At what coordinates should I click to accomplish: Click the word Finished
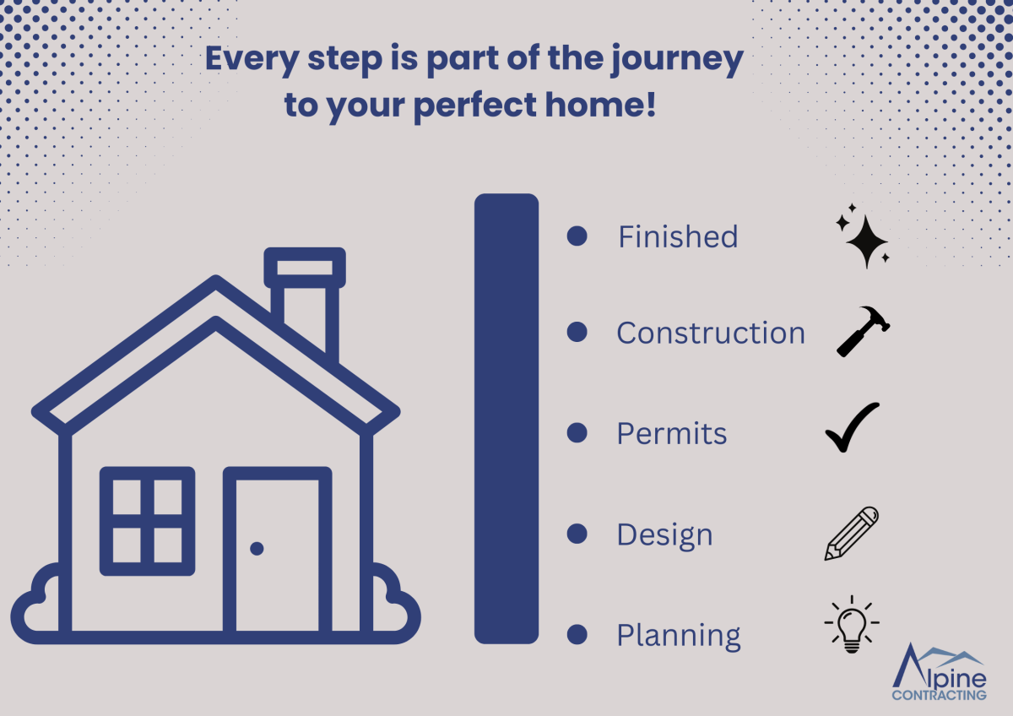coord(678,236)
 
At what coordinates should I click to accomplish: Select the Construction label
coord(711,333)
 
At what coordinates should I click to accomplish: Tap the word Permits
coord(672,434)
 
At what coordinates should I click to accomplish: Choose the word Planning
coord(679,637)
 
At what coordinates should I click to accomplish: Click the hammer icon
coord(863,332)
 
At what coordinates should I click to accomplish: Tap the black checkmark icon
coord(853,427)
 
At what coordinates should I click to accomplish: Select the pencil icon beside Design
coord(852,534)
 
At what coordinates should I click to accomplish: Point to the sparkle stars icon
coord(863,236)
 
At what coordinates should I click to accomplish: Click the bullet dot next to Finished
coord(577,236)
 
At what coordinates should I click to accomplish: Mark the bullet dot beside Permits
coord(577,433)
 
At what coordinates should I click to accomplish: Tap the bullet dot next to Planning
coord(577,634)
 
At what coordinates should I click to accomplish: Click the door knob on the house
coord(257,549)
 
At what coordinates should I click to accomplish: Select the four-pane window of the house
coord(148,522)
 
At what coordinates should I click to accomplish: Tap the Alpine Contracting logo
coord(940,672)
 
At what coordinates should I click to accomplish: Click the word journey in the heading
coord(677,60)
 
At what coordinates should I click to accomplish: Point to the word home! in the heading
coord(600,105)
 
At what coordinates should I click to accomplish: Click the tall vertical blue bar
coord(506,419)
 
